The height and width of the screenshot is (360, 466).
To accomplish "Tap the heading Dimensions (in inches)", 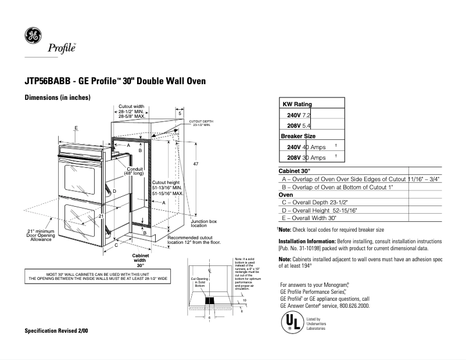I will (x=57, y=98).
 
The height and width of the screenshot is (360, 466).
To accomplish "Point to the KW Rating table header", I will (x=297, y=104).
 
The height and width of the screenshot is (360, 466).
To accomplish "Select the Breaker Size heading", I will (x=298, y=136).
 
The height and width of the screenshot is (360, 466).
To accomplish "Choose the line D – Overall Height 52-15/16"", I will (x=319, y=210).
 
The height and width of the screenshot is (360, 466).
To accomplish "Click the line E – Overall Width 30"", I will (x=309, y=218).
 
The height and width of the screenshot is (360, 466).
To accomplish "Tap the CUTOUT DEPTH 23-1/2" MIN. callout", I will (x=199, y=123).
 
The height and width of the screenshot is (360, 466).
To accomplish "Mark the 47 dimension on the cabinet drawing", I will (x=196, y=165).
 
